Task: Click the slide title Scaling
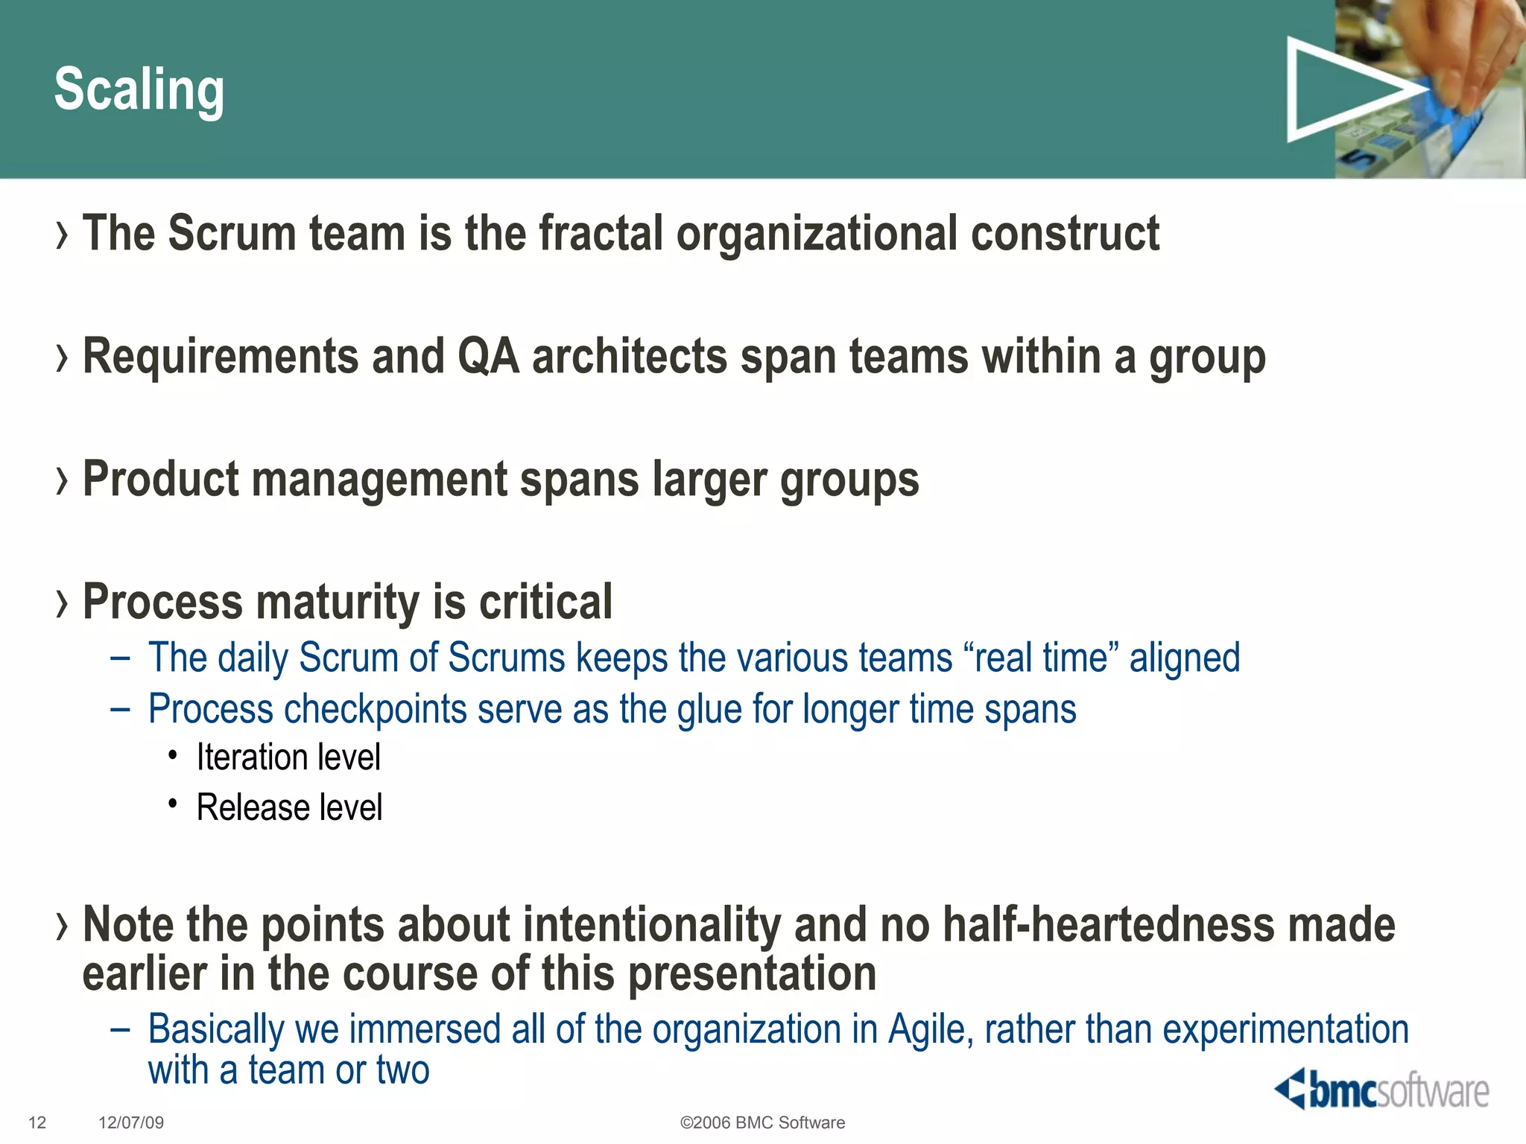click(x=139, y=90)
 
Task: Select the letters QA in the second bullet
click(x=488, y=356)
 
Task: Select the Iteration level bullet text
click(x=288, y=757)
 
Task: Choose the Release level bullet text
click(x=289, y=808)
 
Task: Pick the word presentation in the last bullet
click(x=753, y=974)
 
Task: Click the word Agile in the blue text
click(x=931, y=1030)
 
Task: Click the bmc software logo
click(x=1382, y=1090)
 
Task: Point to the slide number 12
click(x=37, y=1123)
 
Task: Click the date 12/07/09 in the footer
click(x=131, y=1123)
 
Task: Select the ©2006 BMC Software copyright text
click(x=762, y=1123)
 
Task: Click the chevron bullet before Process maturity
click(x=62, y=603)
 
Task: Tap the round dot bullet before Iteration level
click(x=173, y=756)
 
